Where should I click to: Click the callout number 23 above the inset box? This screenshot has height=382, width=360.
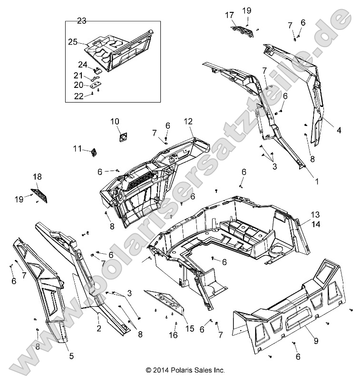(x=82, y=20)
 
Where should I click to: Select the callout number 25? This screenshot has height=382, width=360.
(x=72, y=42)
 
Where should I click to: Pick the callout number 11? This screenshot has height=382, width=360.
(x=78, y=149)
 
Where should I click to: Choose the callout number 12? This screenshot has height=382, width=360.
(x=188, y=122)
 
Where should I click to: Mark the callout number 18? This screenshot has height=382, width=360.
(x=37, y=177)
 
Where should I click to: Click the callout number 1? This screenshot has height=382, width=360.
(x=303, y=181)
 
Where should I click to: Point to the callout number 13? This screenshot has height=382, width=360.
(x=315, y=214)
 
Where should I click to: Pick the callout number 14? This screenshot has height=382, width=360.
(x=315, y=222)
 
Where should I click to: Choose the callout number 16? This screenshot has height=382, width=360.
(x=174, y=335)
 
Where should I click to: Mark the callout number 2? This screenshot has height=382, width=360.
(x=98, y=327)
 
